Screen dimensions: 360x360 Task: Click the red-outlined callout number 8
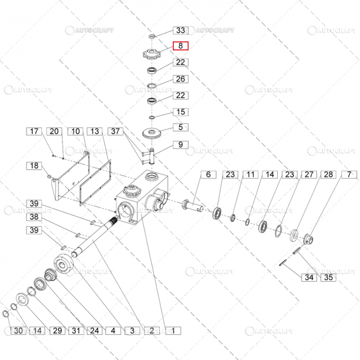click(181, 46)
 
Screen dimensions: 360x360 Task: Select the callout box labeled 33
click(181, 31)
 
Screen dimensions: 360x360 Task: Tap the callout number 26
click(181, 79)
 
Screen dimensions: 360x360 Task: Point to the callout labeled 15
click(181, 112)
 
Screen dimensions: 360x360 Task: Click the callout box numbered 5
click(181, 127)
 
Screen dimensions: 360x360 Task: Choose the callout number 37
click(117, 132)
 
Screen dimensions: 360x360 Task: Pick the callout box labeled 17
click(34, 132)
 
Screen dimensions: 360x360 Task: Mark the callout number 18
click(34, 166)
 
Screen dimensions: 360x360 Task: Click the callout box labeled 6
click(208, 175)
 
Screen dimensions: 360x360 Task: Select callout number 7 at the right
click(350, 175)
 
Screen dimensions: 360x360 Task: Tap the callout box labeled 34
click(309, 278)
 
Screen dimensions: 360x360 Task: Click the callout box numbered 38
click(34, 217)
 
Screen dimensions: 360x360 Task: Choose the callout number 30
click(19, 330)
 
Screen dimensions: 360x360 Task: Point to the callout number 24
click(95, 330)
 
